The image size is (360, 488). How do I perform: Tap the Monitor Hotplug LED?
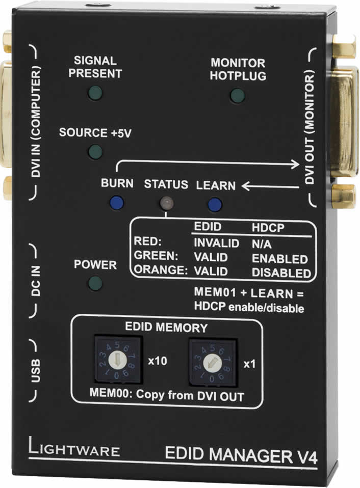coord(236,95)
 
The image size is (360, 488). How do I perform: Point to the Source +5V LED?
coord(95,152)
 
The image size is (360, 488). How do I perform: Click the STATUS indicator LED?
coord(166,203)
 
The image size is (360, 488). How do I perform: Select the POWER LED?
coord(95,283)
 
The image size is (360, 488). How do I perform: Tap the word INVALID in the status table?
coord(217,243)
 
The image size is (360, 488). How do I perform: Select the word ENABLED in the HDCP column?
coord(280,259)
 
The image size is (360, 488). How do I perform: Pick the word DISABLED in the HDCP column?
coord(281,273)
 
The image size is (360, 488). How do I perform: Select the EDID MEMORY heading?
coord(166,327)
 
